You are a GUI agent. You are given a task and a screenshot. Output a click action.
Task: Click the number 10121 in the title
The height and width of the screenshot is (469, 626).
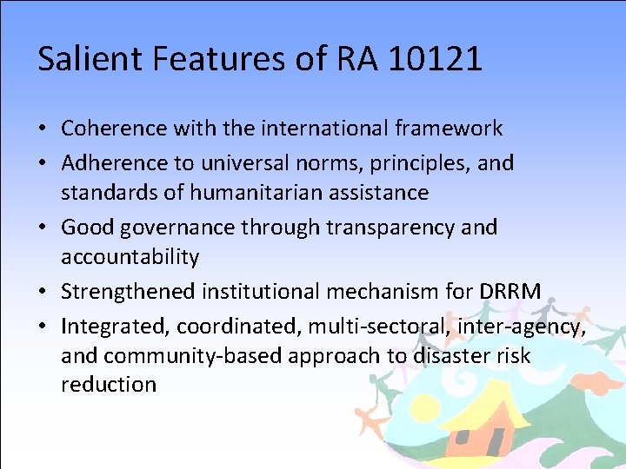(436, 59)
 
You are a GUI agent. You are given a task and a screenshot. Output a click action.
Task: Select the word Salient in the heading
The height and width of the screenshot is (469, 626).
(81, 59)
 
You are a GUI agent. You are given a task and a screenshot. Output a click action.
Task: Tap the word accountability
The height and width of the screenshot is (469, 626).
(130, 257)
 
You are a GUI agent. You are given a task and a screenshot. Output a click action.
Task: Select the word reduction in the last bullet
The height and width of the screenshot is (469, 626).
(109, 385)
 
